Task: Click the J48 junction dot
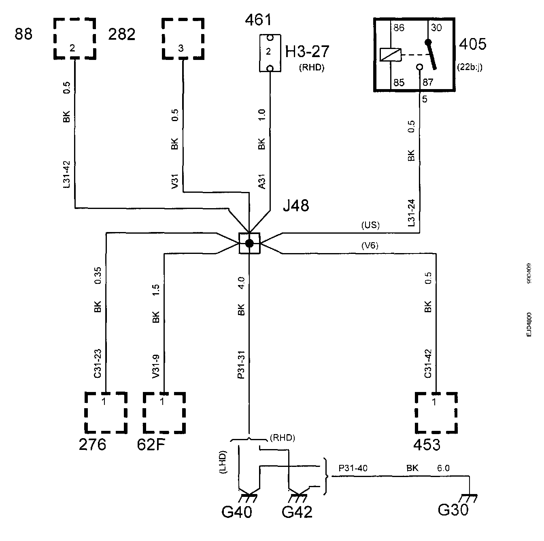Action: click(x=249, y=243)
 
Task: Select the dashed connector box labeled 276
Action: click(x=106, y=412)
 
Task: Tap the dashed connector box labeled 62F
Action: click(x=164, y=412)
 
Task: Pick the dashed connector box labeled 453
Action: click(x=436, y=412)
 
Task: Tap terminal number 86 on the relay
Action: click(x=399, y=28)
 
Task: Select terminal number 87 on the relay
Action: click(x=428, y=83)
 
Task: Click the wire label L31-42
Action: click(x=67, y=174)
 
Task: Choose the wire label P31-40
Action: click(x=353, y=468)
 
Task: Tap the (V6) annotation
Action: click(x=370, y=245)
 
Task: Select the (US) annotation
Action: click(x=370, y=225)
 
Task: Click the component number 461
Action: click(x=258, y=20)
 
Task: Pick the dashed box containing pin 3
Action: click(x=183, y=38)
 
